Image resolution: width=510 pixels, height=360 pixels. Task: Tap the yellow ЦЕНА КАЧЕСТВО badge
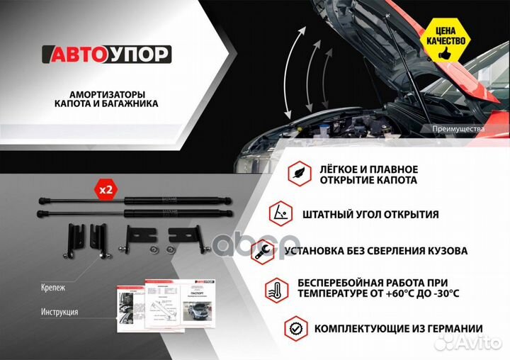point(446,36)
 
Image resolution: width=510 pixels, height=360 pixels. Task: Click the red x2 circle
point(106,190)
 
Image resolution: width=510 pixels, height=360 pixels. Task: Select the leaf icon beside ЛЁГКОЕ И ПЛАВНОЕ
point(298,174)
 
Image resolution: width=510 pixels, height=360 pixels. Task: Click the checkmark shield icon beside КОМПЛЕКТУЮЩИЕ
point(295,328)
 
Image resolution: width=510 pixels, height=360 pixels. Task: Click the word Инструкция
point(59,312)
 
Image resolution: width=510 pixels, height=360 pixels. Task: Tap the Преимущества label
point(458,129)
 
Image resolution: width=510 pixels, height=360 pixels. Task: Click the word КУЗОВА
point(444,251)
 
